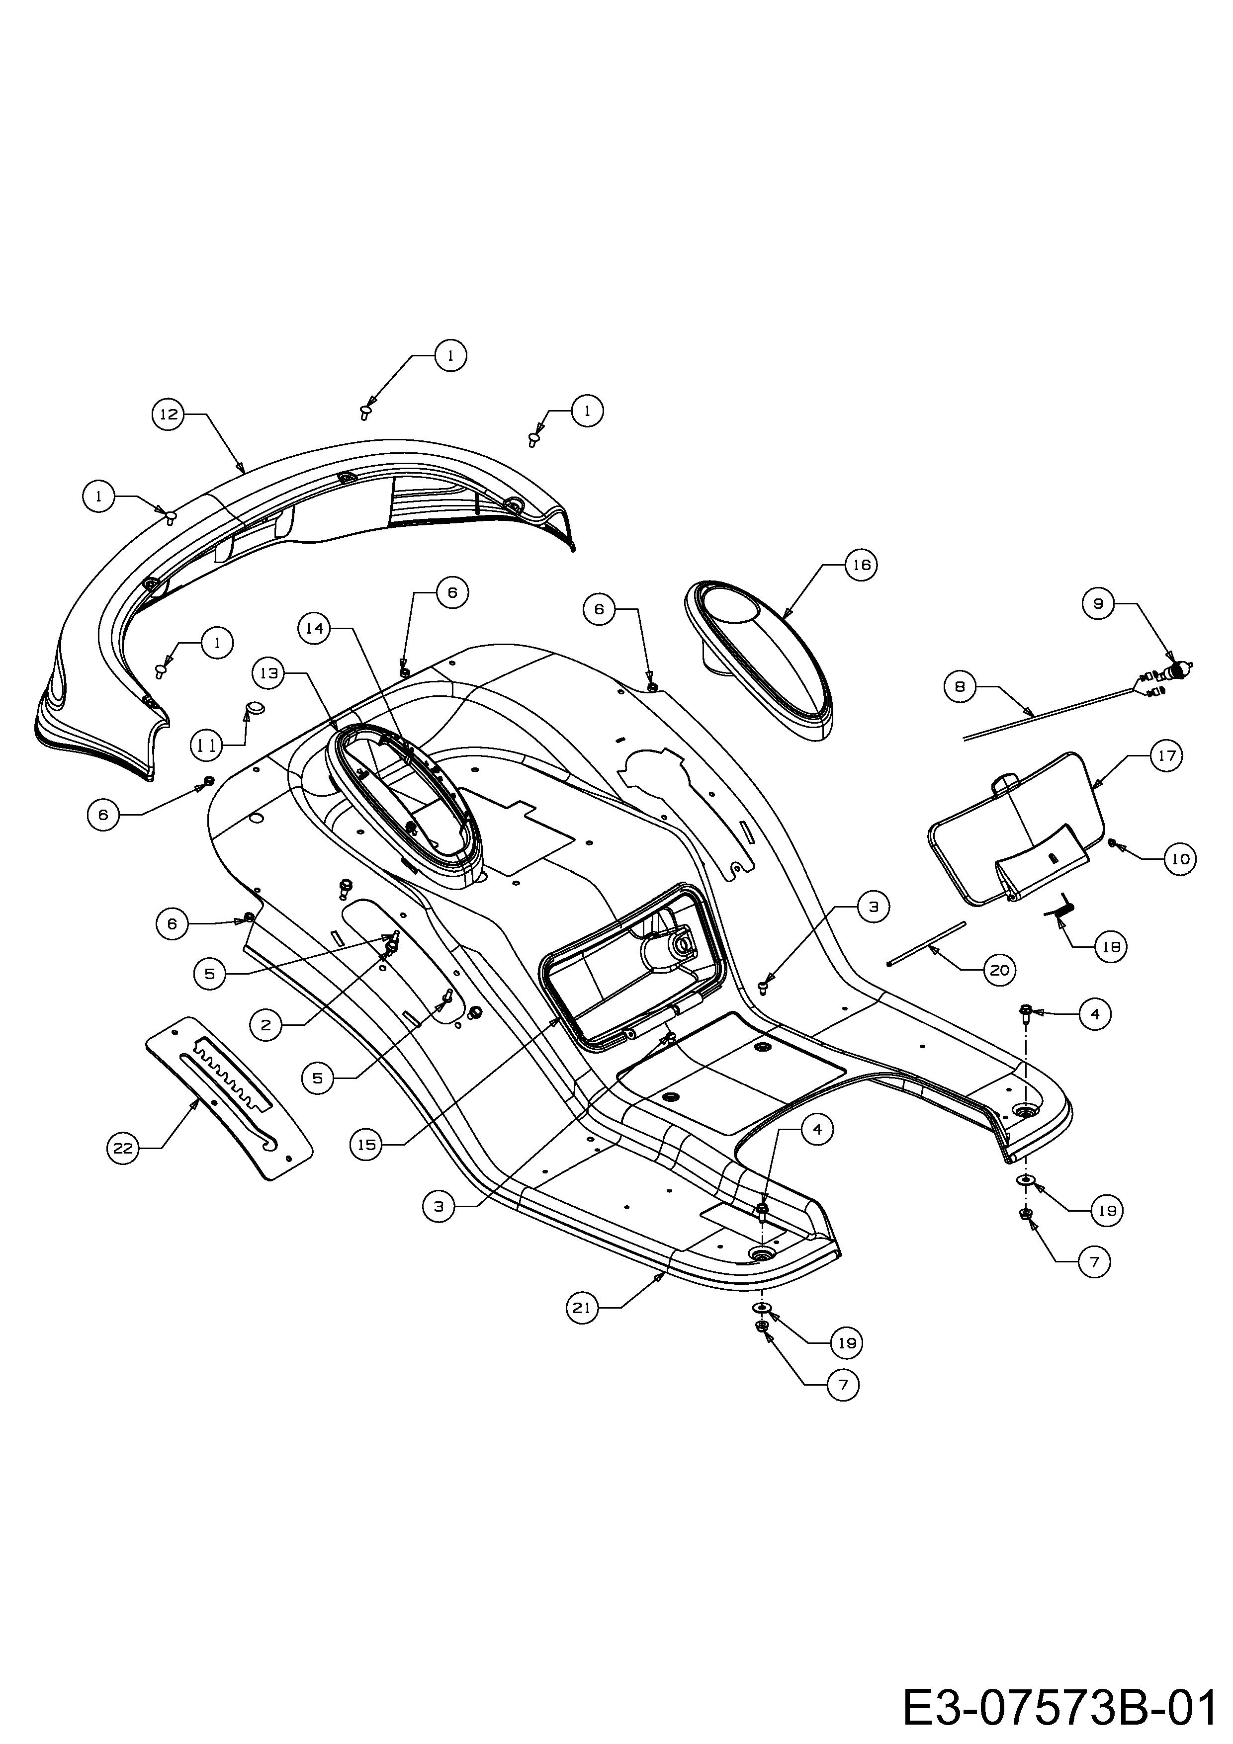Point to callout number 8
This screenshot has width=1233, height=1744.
[960, 687]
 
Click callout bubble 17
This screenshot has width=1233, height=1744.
[1167, 756]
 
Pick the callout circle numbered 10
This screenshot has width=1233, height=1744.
[1180, 859]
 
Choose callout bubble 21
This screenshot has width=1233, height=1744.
[583, 1308]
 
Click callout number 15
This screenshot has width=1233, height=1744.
[367, 1144]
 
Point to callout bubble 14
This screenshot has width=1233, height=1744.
[315, 628]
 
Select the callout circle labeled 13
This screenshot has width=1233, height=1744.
[269, 673]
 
